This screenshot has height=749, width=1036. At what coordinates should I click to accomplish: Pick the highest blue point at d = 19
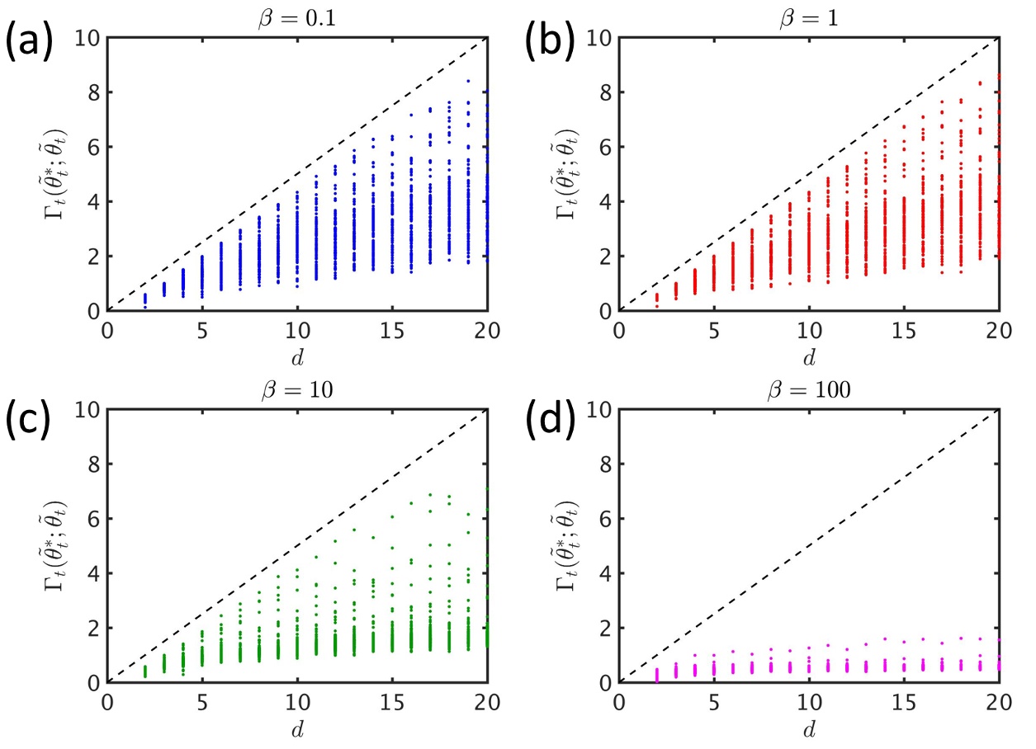coord(468,82)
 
